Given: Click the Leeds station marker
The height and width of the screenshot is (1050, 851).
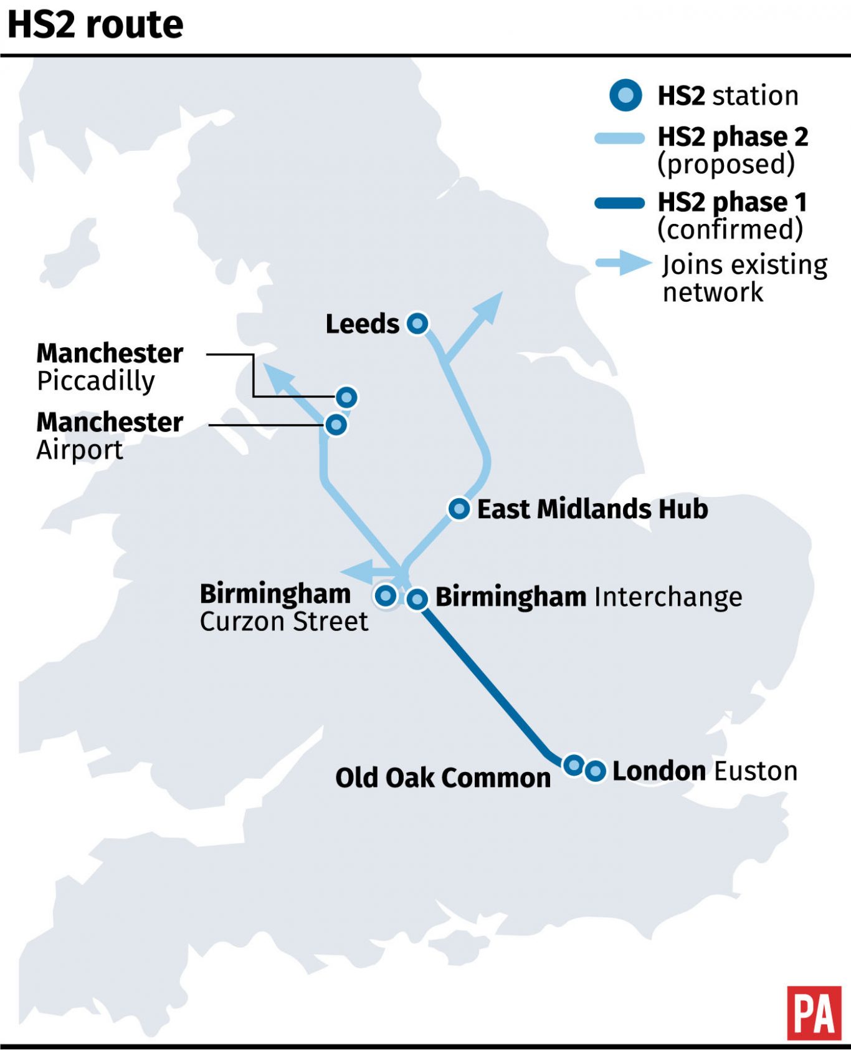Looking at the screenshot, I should [x=417, y=323].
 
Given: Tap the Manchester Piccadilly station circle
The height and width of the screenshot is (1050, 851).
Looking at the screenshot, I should [x=346, y=397].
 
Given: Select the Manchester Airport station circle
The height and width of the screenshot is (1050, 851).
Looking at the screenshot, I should [x=336, y=425].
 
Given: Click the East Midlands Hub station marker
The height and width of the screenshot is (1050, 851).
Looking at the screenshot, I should [x=459, y=509].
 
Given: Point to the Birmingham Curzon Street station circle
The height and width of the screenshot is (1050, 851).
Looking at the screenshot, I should [x=386, y=595].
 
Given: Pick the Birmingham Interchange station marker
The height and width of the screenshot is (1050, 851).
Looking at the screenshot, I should [x=417, y=599].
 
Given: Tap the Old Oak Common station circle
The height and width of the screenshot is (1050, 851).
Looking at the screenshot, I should [x=573, y=764].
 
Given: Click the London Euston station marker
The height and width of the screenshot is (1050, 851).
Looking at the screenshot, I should [x=595, y=771].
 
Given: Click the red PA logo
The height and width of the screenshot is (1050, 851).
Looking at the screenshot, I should [x=814, y=1013].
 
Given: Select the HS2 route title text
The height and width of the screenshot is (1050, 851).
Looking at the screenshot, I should [x=95, y=25].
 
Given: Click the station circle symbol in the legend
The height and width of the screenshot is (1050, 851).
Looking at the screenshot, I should [x=625, y=95].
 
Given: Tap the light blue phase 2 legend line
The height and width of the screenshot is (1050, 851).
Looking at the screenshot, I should [x=619, y=138].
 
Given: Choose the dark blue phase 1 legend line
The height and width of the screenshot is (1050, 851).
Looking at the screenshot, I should [x=619, y=203].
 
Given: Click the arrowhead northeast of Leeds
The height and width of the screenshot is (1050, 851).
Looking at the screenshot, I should [x=490, y=306].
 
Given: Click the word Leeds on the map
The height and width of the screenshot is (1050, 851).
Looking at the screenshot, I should [x=362, y=324].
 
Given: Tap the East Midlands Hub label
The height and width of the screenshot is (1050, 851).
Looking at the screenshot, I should [x=592, y=509].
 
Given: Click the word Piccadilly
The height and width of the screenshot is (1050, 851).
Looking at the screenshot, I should [x=96, y=381].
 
